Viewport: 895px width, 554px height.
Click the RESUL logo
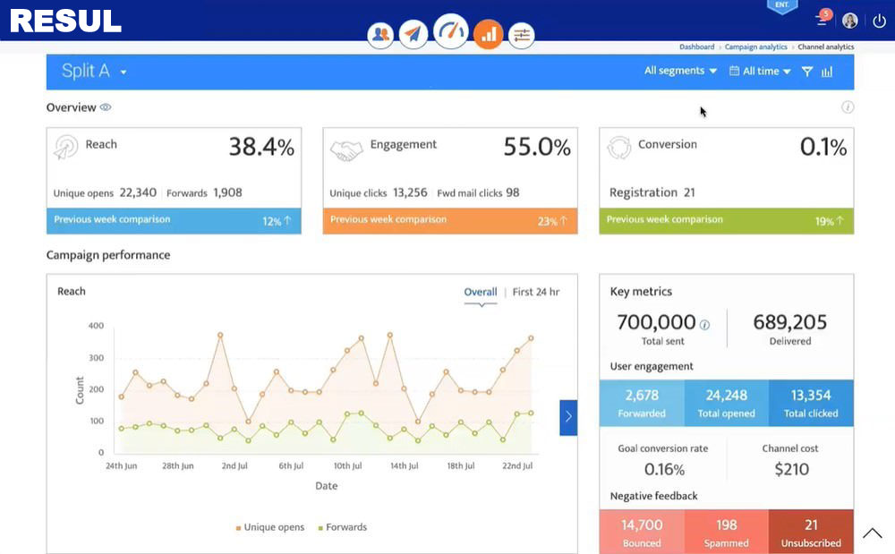pos(65,21)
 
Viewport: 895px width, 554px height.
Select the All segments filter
pos(680,71)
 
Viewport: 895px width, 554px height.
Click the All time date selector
pos(760,72)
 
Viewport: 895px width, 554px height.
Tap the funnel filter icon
pos(807,72)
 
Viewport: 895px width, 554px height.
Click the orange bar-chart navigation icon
pos(488,34)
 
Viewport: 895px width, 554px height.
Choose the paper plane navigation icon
pos(413,34)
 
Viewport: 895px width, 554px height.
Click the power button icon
pos(879,21)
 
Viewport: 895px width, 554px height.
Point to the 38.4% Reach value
pos(261,147)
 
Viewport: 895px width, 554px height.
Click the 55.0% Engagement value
pos(536,147)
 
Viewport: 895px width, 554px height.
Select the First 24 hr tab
pos(536,292)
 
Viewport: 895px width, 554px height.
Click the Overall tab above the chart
pos(481,292)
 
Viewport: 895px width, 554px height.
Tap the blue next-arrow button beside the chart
pos(568,418)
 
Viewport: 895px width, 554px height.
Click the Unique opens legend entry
pos(270,527)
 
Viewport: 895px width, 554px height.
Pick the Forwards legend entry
pos(343,527)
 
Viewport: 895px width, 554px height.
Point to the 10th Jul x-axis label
pos(347,465)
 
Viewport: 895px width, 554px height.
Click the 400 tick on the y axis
pos(96,326)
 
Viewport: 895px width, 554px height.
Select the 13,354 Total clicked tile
pos(811,403)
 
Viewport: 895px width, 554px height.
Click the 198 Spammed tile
pos(726,532)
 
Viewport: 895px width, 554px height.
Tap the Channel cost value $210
pos(792,469)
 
